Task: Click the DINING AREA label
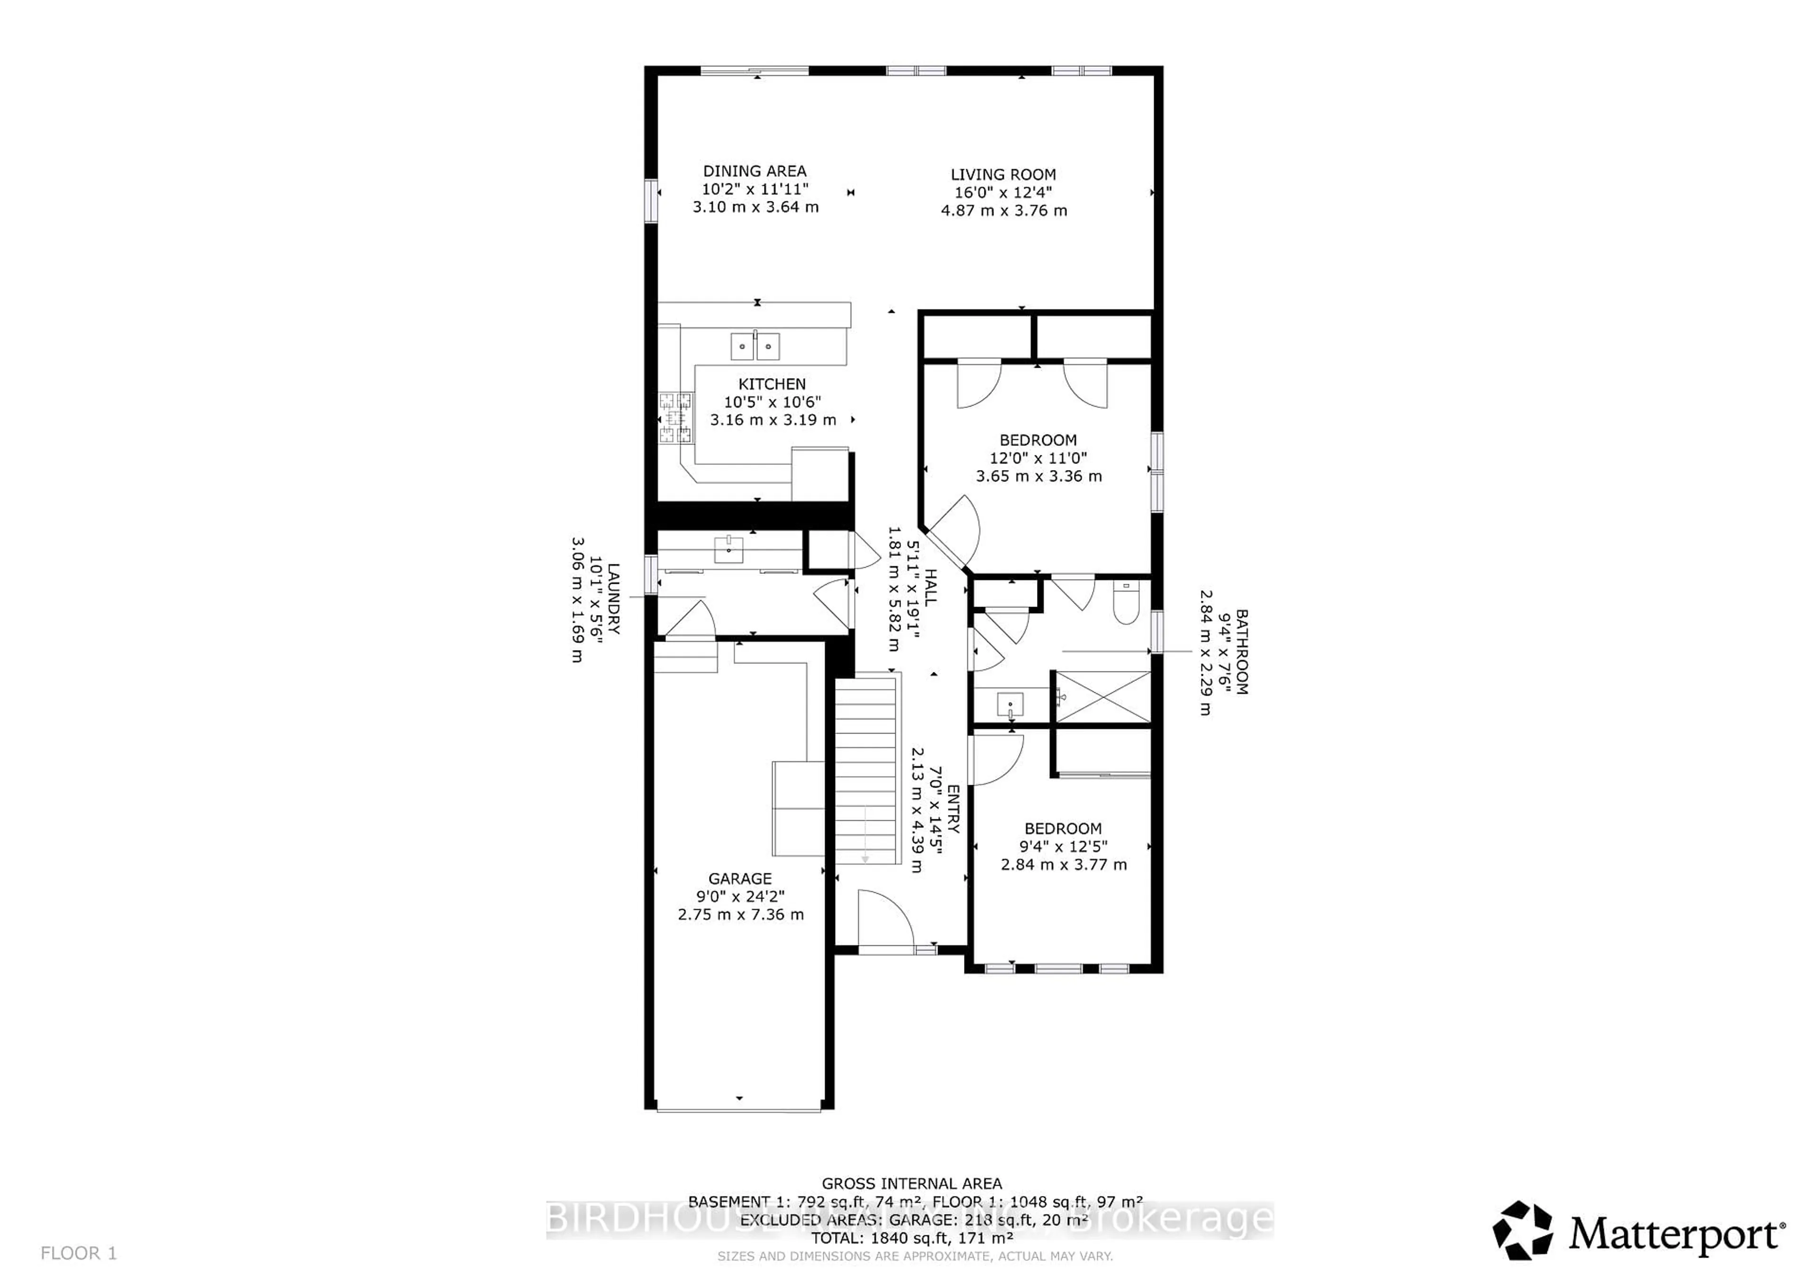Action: pyautogui.click(x=755, y=171)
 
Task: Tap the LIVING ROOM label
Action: pyautogui.click(x=1003, y=174)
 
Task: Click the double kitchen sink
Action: pyautogui.click(x=755, y=346)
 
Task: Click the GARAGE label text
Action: pyautogui.click(x=739, y=878)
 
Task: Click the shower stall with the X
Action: pyautogui.click(x=1102, y=697)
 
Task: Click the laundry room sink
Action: pyautogui.click(x=728, y=548)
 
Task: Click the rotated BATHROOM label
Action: pyautogui.click(x=1241, y=652)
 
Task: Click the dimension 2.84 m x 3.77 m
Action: pyautogui.click(x=1063, y=865)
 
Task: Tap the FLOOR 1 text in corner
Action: pyautogui.click(x=79, y=1253)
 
